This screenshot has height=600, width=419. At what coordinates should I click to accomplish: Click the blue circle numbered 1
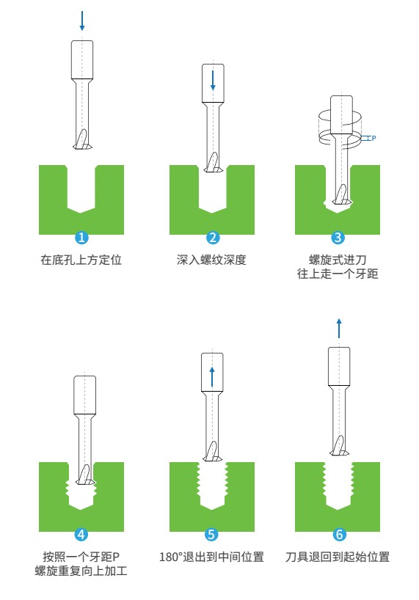(x=81, y=238)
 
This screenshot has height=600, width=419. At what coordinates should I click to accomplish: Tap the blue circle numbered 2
(x=213, y=238)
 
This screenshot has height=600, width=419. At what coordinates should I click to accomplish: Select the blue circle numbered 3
(x=338, y=238)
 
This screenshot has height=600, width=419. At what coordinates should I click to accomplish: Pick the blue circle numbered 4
(x=81, y=534)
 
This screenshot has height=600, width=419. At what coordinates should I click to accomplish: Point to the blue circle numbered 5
(x=211, y=534)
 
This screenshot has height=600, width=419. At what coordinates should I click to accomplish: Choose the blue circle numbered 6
(x=339, y=534)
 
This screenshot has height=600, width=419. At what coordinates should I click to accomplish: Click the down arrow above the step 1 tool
(x=82, y=21)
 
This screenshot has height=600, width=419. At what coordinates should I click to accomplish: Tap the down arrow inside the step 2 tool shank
(x=213, y=81)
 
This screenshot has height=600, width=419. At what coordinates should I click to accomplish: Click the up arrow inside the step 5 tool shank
(x=212, y=377)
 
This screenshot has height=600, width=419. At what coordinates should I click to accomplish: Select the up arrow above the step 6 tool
(x=338, y=329)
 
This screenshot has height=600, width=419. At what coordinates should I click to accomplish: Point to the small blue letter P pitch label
(x=374, y=138)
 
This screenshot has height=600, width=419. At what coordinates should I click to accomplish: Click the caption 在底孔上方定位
(x=81, y=260)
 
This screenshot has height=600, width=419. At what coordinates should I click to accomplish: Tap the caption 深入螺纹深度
(x=211, y=260)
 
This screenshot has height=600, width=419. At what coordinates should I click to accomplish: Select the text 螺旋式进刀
(x=338, y=260)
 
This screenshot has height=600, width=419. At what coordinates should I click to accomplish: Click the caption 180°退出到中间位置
(x=211, y=557)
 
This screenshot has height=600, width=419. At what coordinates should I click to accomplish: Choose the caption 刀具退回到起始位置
(x=338, y=557)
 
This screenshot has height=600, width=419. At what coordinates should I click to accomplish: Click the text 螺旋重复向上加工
(x=81, y=571)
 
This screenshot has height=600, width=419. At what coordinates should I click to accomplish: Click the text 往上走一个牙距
(x=338, y=274)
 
